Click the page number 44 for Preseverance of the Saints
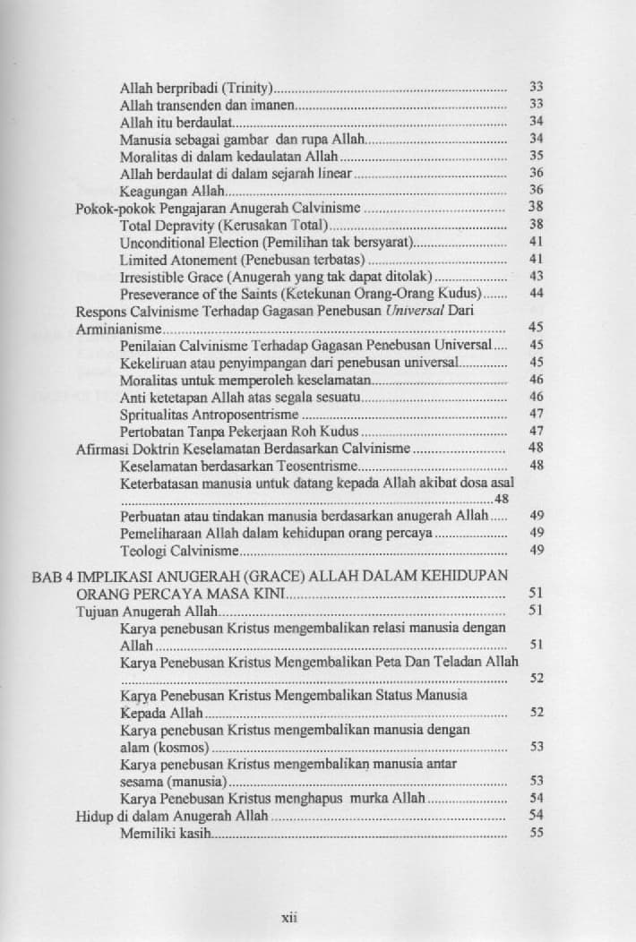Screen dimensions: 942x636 pos(537,293)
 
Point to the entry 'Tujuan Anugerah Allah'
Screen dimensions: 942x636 pos(147,611)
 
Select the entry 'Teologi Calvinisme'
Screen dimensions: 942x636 pos(178,551)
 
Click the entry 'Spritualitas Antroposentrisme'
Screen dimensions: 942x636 pos(209,414)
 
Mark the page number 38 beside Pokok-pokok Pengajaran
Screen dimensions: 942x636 pos(537,207)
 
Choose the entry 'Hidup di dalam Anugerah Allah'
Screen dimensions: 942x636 pos(171,816)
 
